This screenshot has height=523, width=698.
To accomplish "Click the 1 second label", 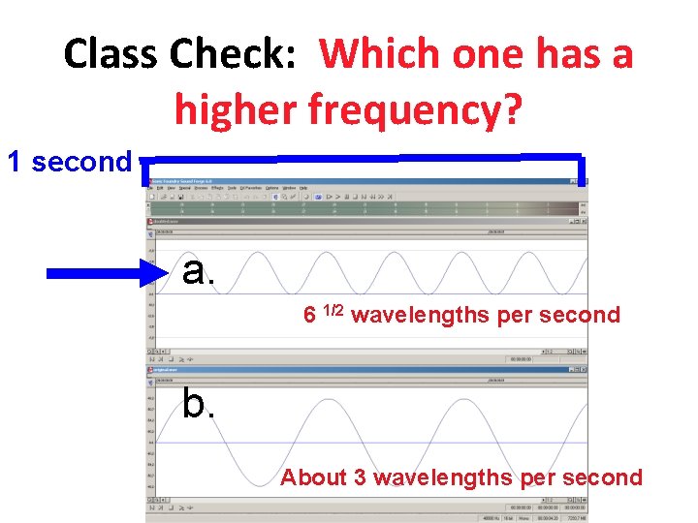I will [69, 162].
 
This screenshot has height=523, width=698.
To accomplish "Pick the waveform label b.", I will [199, 404].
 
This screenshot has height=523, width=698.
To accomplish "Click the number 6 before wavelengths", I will [309, 316].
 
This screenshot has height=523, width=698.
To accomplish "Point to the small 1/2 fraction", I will [333, 311].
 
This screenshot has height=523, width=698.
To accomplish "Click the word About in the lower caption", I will [323, 477].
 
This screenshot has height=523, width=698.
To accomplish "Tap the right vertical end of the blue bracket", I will [582, 169].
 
